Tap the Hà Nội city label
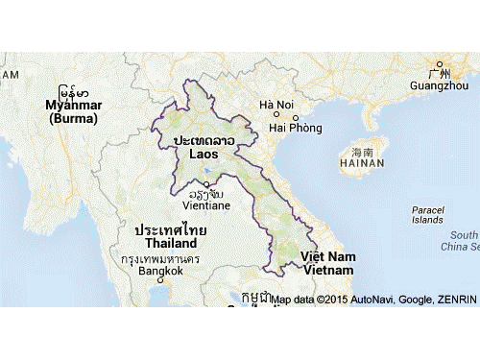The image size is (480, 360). pos(276,105)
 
